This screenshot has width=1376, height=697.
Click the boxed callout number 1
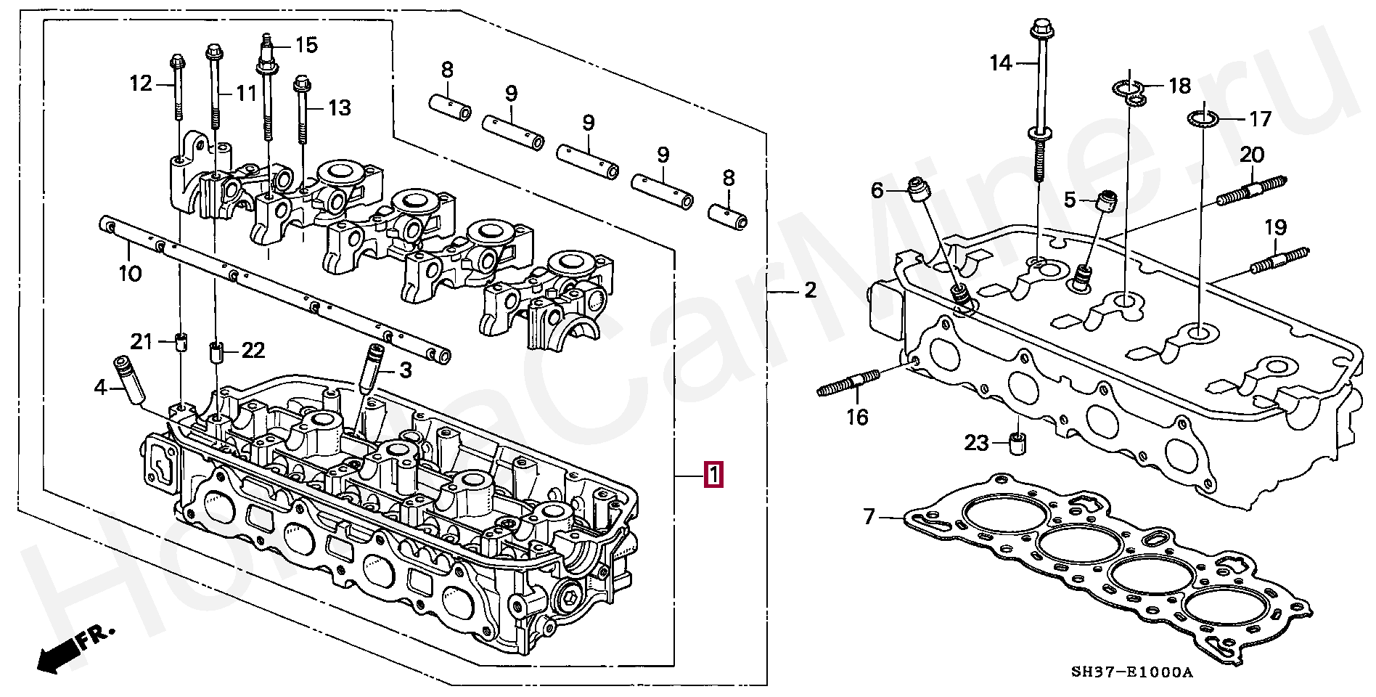point(714,476)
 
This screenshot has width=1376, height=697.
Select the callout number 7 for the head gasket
point(869,516)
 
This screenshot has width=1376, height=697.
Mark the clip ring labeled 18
point(1130,92)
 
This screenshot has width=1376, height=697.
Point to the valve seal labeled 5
point(1107,201)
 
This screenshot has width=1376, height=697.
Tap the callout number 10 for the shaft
point(131,274)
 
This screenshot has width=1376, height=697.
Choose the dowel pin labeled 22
point(216,352)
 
